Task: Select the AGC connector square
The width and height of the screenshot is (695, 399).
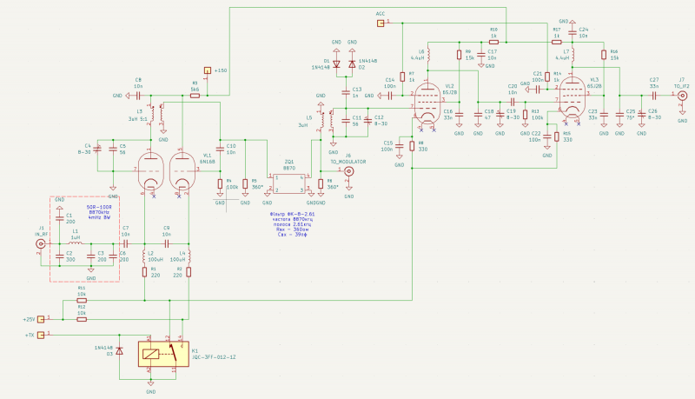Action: click(381, 23)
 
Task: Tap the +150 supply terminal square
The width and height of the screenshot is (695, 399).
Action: click(207, 70)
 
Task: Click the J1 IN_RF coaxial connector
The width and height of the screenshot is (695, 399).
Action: click(40, 245)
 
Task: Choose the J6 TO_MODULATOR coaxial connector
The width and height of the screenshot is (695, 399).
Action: click(350, 171)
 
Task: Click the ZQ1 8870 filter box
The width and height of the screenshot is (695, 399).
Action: click(288, 182)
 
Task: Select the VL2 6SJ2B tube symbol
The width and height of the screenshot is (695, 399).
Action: click(427, 102)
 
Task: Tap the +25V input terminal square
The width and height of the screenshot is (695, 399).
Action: click(50, 319)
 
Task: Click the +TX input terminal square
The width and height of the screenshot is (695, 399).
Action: click(50, 335)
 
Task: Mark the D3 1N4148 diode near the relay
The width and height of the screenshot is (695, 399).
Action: click(120, 351)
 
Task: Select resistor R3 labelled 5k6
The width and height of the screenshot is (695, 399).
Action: click(195, 95)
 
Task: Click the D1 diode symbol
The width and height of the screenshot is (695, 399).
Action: click(337, 64)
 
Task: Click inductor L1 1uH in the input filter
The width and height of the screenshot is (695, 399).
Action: click(76, 244)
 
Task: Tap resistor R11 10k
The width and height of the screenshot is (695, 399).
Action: click(81, 300)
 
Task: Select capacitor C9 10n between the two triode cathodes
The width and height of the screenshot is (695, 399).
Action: click(166, 244)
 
